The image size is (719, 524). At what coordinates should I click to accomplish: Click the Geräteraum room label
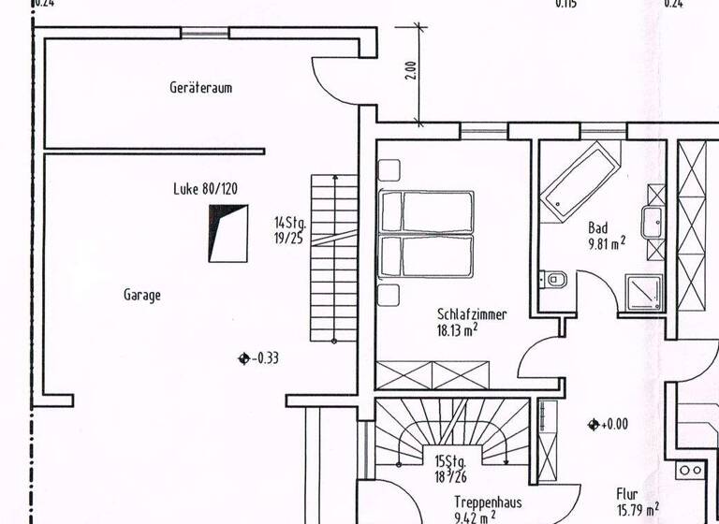(200, 88)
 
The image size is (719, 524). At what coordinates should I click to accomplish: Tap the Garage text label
(142, 295)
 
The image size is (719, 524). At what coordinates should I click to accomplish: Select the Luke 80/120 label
(205, 188)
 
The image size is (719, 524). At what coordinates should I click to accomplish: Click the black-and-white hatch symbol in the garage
(227, 234)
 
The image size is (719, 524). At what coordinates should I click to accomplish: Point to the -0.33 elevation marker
(259, 357)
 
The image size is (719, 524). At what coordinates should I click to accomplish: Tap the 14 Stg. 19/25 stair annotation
(289, 230)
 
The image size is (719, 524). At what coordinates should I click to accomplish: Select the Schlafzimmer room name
(471, 314)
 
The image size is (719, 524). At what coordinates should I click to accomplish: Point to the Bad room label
(598, 227)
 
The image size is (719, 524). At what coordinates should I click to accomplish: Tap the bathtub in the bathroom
(580, 182)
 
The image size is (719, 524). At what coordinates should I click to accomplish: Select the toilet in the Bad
(555, 279)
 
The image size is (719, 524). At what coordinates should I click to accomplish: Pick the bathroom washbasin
(653, 223)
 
